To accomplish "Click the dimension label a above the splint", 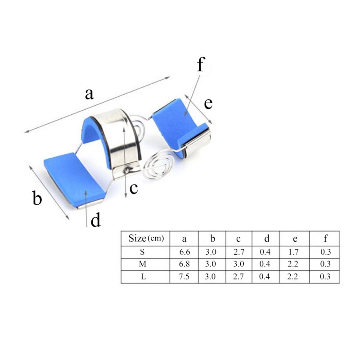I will [90, 94].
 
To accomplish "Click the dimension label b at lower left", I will [37, 198].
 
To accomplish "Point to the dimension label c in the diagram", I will [134, 188].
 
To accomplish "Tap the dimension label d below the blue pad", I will [95, 220].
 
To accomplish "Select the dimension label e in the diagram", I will [208, 103].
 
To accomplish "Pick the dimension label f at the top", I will [200, 65].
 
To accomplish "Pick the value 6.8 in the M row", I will [184, 264].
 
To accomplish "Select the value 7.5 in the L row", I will [184, 277].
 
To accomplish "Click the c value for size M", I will [238, 264].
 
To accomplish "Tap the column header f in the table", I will [325, 238].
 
